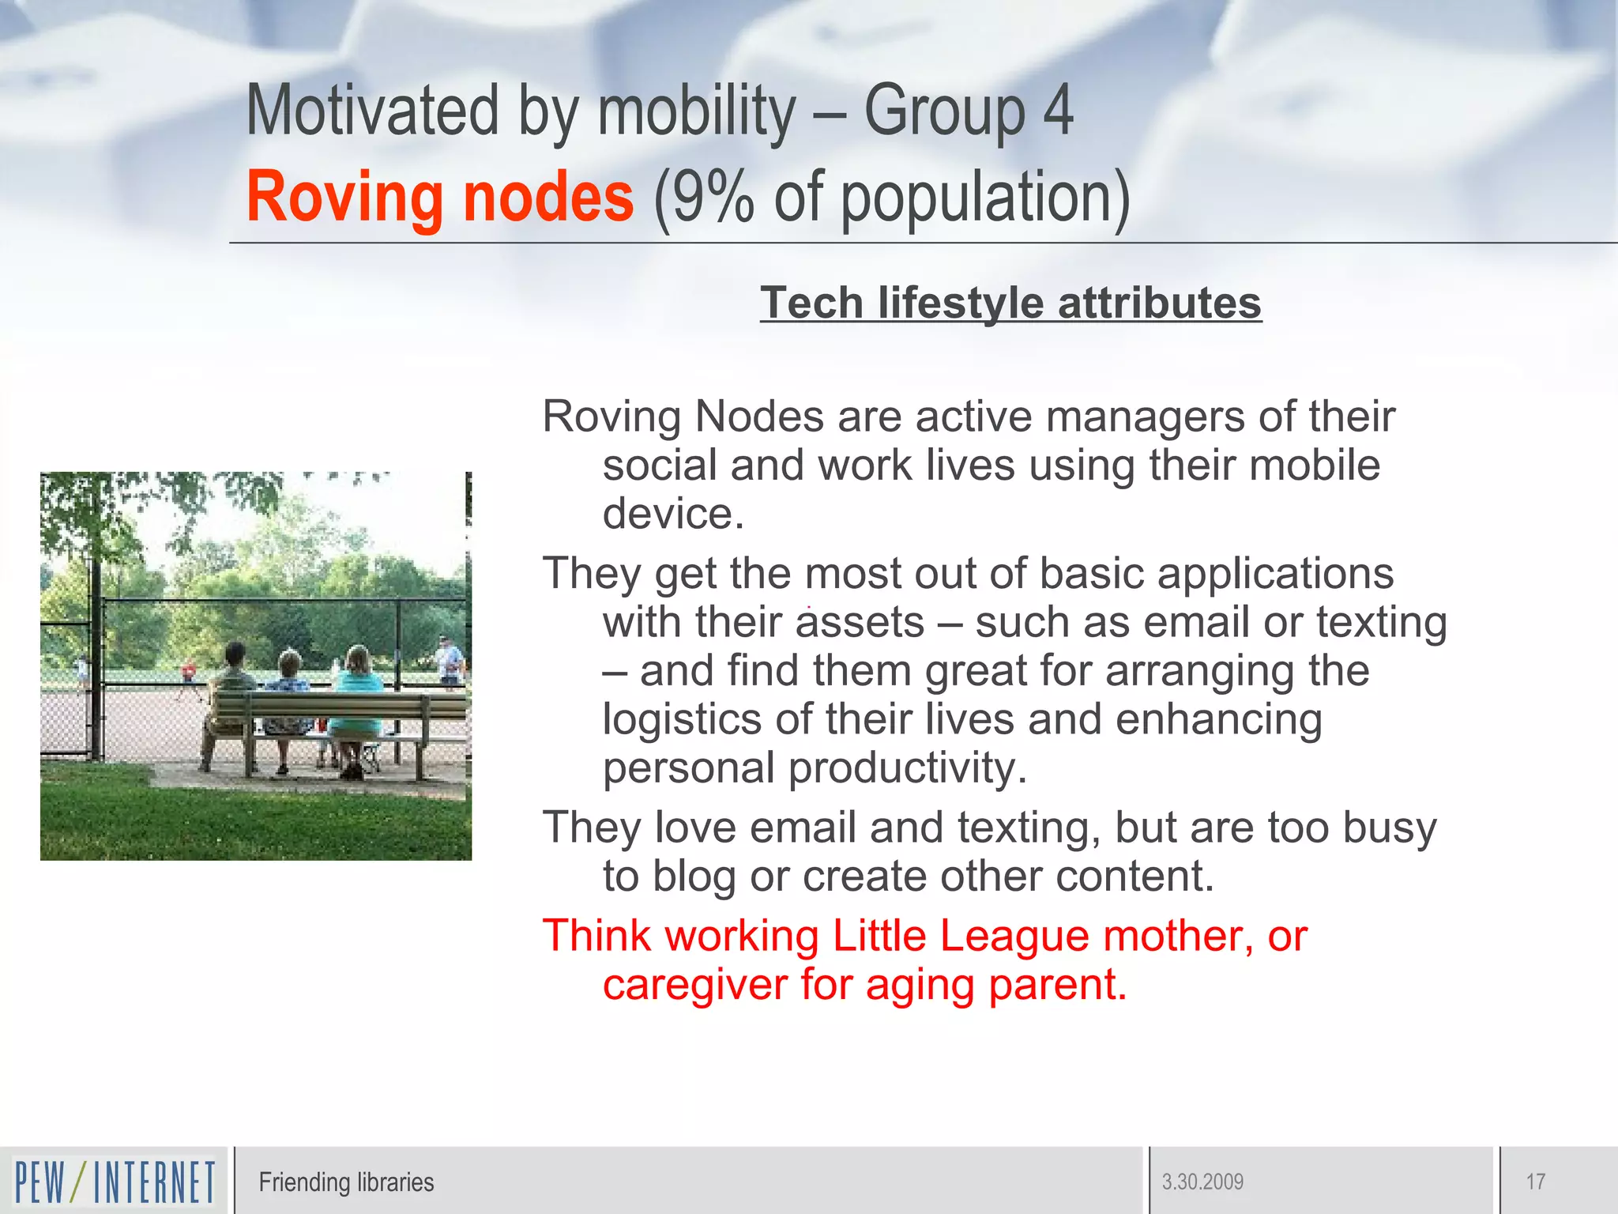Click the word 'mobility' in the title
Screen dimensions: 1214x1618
coord(696,111)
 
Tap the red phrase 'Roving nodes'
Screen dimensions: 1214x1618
coord(440,198)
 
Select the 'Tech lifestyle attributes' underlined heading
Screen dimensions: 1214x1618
coord(1010,303)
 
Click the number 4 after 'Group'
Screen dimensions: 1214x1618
coord(1059,111)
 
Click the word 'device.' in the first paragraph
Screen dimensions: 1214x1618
coord(673,514)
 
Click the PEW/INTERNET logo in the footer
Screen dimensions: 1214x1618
coord(115,1182)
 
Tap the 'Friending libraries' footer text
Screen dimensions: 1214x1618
coord(346,1182)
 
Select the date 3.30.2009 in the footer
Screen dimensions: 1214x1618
coord(1202,1182)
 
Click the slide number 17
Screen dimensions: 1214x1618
coord(1535,1182)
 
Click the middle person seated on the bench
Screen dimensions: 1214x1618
coord(288,696)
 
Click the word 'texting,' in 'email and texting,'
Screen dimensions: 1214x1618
coord(1029,828)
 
